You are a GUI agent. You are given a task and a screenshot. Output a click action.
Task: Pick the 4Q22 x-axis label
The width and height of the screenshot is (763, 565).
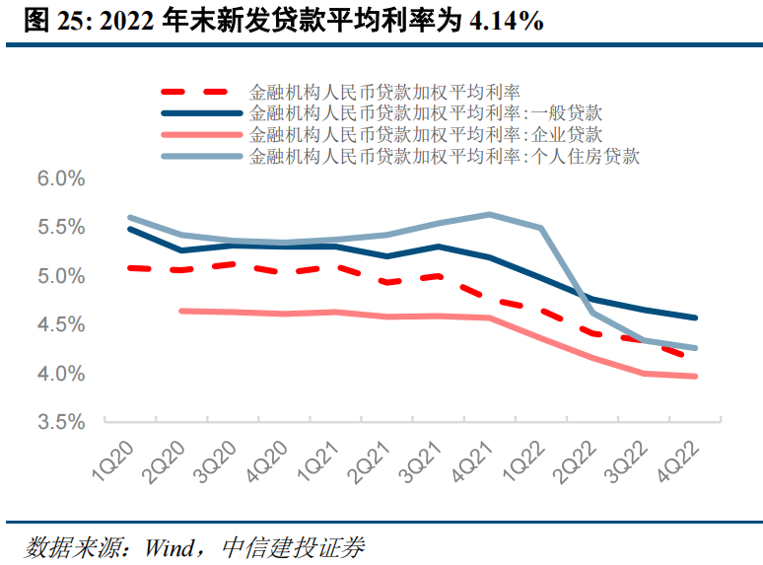click(x=679, y=458)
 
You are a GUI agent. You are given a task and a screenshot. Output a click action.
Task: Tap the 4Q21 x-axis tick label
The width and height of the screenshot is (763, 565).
click(x=473, y=458)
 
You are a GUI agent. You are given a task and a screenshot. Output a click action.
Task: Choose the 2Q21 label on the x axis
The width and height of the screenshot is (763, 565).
click(x=371, y=458)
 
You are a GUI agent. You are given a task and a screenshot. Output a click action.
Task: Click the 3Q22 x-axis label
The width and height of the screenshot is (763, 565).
click(x=628, y=458)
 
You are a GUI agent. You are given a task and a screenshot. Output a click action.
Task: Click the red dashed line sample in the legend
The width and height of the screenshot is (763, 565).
click(x=201, y=92)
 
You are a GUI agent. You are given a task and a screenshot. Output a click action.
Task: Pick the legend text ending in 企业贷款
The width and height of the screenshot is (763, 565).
click(x=426, y=134)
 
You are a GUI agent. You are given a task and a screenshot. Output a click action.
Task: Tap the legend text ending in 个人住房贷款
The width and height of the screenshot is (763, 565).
click(x=446, y=156)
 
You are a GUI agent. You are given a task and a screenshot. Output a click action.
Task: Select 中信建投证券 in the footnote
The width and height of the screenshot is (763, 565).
click(x=294, y=545)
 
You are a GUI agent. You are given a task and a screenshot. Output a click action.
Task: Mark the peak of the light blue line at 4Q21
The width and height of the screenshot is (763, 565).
click(x=490, y=214)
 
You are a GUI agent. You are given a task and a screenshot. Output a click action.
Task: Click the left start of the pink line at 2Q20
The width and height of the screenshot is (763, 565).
click(x=181, y=311)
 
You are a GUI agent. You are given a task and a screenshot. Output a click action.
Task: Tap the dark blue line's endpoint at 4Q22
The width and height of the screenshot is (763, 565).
click(x=696, y=318)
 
